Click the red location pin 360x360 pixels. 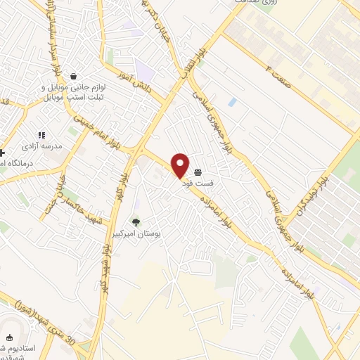tap(181, 163)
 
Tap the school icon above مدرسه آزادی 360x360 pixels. tap(41, 134)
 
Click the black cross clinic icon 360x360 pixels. tap(2, 152)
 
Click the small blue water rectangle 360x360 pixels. tap(232, 103)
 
